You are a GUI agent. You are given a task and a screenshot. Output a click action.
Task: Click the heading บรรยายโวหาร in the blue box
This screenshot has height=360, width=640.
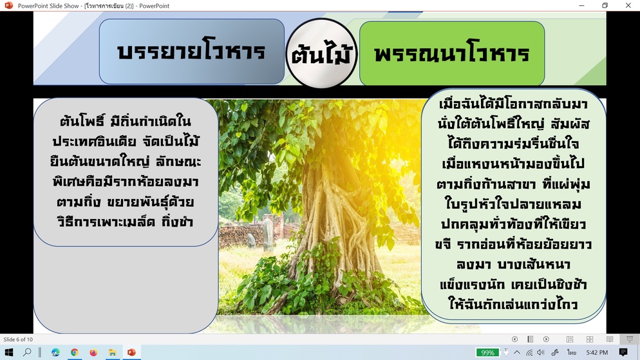pyautogui.click(x=191, y=52)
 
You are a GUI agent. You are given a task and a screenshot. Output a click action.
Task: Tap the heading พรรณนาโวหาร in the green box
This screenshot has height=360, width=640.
pyautogui.click(x=451, y=53)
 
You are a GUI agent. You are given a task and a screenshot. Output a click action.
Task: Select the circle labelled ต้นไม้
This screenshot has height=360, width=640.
pyautogui.click(x=321, y=53)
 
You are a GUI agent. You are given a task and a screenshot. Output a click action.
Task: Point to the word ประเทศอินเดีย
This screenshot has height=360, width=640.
pyautogui.click(x=94, y=141)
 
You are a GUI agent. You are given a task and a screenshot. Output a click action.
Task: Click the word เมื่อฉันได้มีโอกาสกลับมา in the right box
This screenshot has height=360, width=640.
pyautogui.click(x=513, y=104)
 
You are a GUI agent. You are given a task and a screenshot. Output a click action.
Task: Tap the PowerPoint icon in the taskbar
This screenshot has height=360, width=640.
pyautogui.click(x=131, y=352)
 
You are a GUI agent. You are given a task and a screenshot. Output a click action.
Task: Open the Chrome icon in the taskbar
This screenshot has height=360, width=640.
pyautogui.click(x=74, y=352)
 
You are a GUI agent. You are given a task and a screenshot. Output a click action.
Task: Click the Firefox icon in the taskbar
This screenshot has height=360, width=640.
pyautogui.click(x=93, y=352)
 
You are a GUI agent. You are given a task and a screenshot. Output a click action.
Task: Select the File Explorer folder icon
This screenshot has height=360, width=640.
pyautogui.click(x=112, y=352)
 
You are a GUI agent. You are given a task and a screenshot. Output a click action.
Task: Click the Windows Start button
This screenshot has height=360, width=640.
pyautogui.click(x=8, y=352)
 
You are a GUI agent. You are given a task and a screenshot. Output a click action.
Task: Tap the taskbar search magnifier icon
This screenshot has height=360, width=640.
pyautogui.click(x=27, y=352)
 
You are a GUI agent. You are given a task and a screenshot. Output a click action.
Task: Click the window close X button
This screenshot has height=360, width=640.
pyautogui.click(x=628, y=5)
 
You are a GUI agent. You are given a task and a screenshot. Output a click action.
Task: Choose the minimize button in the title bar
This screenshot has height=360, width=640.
pyautogui.click(x=581, y=5)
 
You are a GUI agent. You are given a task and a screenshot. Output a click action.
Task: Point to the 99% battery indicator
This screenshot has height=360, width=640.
pyautogui.click(x=488, y=353)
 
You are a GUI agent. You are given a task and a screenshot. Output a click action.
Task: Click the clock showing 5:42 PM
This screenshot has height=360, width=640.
pyautogui.click(x=597, y=352)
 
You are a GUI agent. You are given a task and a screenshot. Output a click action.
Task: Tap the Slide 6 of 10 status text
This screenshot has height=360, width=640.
pyautogui.click(x=18, y=339)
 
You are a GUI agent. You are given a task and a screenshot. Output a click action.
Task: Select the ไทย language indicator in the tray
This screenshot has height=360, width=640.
pyautogui.click(x=572, y=352)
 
